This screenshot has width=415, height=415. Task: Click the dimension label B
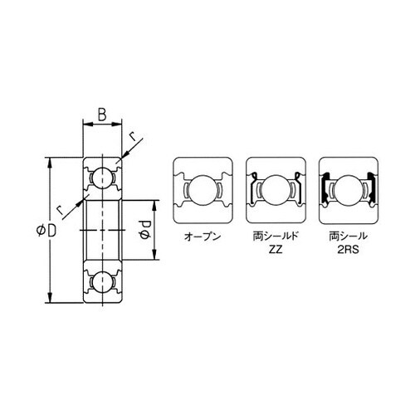102,115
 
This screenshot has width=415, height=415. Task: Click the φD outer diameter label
46,231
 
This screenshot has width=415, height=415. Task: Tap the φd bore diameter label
144,230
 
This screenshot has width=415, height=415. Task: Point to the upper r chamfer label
133,137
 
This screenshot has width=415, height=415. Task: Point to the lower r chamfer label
60,211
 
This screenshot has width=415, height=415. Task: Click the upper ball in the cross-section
102,178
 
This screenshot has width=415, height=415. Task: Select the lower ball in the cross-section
102,281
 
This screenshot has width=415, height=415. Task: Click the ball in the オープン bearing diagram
203,190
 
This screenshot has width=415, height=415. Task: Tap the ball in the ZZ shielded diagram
276,190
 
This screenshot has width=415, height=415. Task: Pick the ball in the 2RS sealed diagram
349,190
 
